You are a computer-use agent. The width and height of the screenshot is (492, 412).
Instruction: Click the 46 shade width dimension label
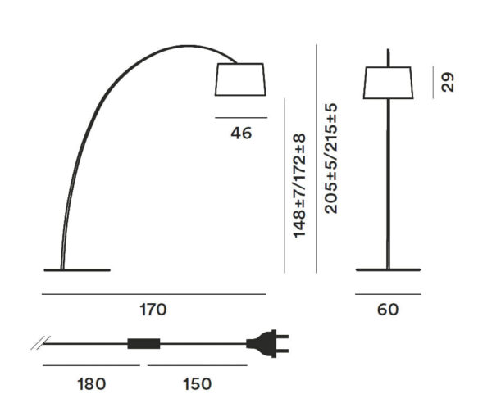point(241,134)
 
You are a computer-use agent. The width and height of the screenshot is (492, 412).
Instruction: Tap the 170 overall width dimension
point(153,310)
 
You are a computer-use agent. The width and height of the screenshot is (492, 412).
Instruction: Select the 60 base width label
point(388,310)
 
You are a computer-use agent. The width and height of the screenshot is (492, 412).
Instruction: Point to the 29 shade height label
point(447,82)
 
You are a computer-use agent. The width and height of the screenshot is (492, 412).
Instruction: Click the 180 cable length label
point(91,384)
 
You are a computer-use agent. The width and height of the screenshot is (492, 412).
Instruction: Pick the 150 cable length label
point(197,384)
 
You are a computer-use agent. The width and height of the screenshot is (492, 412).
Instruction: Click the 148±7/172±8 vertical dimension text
point(299,185)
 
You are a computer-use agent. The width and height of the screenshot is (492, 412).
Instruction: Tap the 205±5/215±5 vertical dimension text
point(330,158)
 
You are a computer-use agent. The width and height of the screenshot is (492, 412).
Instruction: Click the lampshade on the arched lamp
point(240,79)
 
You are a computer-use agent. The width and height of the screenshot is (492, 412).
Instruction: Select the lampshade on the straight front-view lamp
point(388,83)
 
